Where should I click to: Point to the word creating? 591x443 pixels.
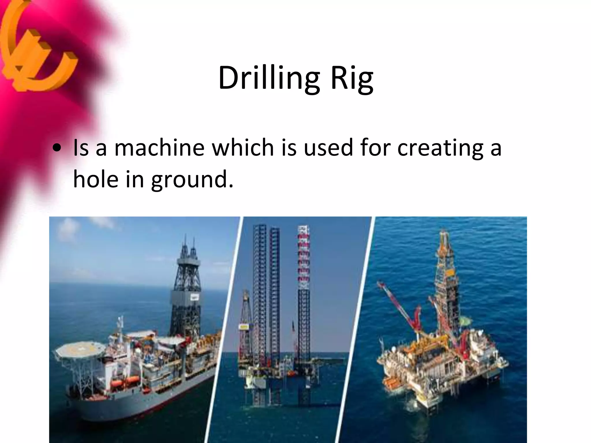(440, 148)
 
